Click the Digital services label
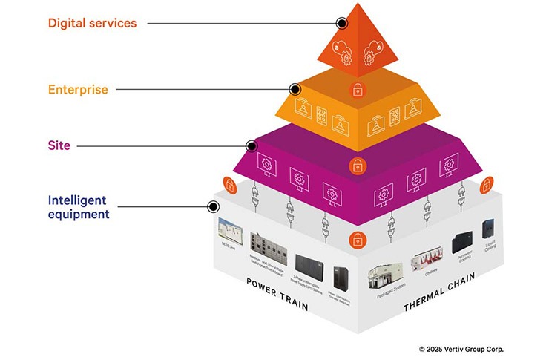coord(93,23)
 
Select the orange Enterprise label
coord(78,90)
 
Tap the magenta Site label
coord(59,145)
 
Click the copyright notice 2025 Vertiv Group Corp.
coord(465,348)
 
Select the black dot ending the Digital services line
coord(341,23)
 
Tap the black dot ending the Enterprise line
coord(295,89)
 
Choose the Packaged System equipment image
coord(388,278)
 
